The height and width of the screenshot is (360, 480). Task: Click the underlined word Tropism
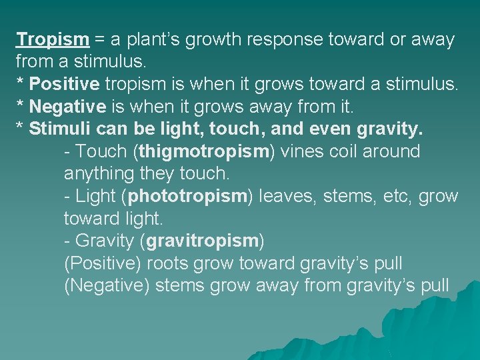tap(53, 39)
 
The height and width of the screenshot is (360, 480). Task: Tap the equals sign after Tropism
tap(99, 40)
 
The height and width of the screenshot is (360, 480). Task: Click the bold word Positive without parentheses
tap(65, 84)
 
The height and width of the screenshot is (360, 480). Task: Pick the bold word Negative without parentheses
tap(68, 106)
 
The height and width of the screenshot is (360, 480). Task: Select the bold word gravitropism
tap(202, 241)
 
